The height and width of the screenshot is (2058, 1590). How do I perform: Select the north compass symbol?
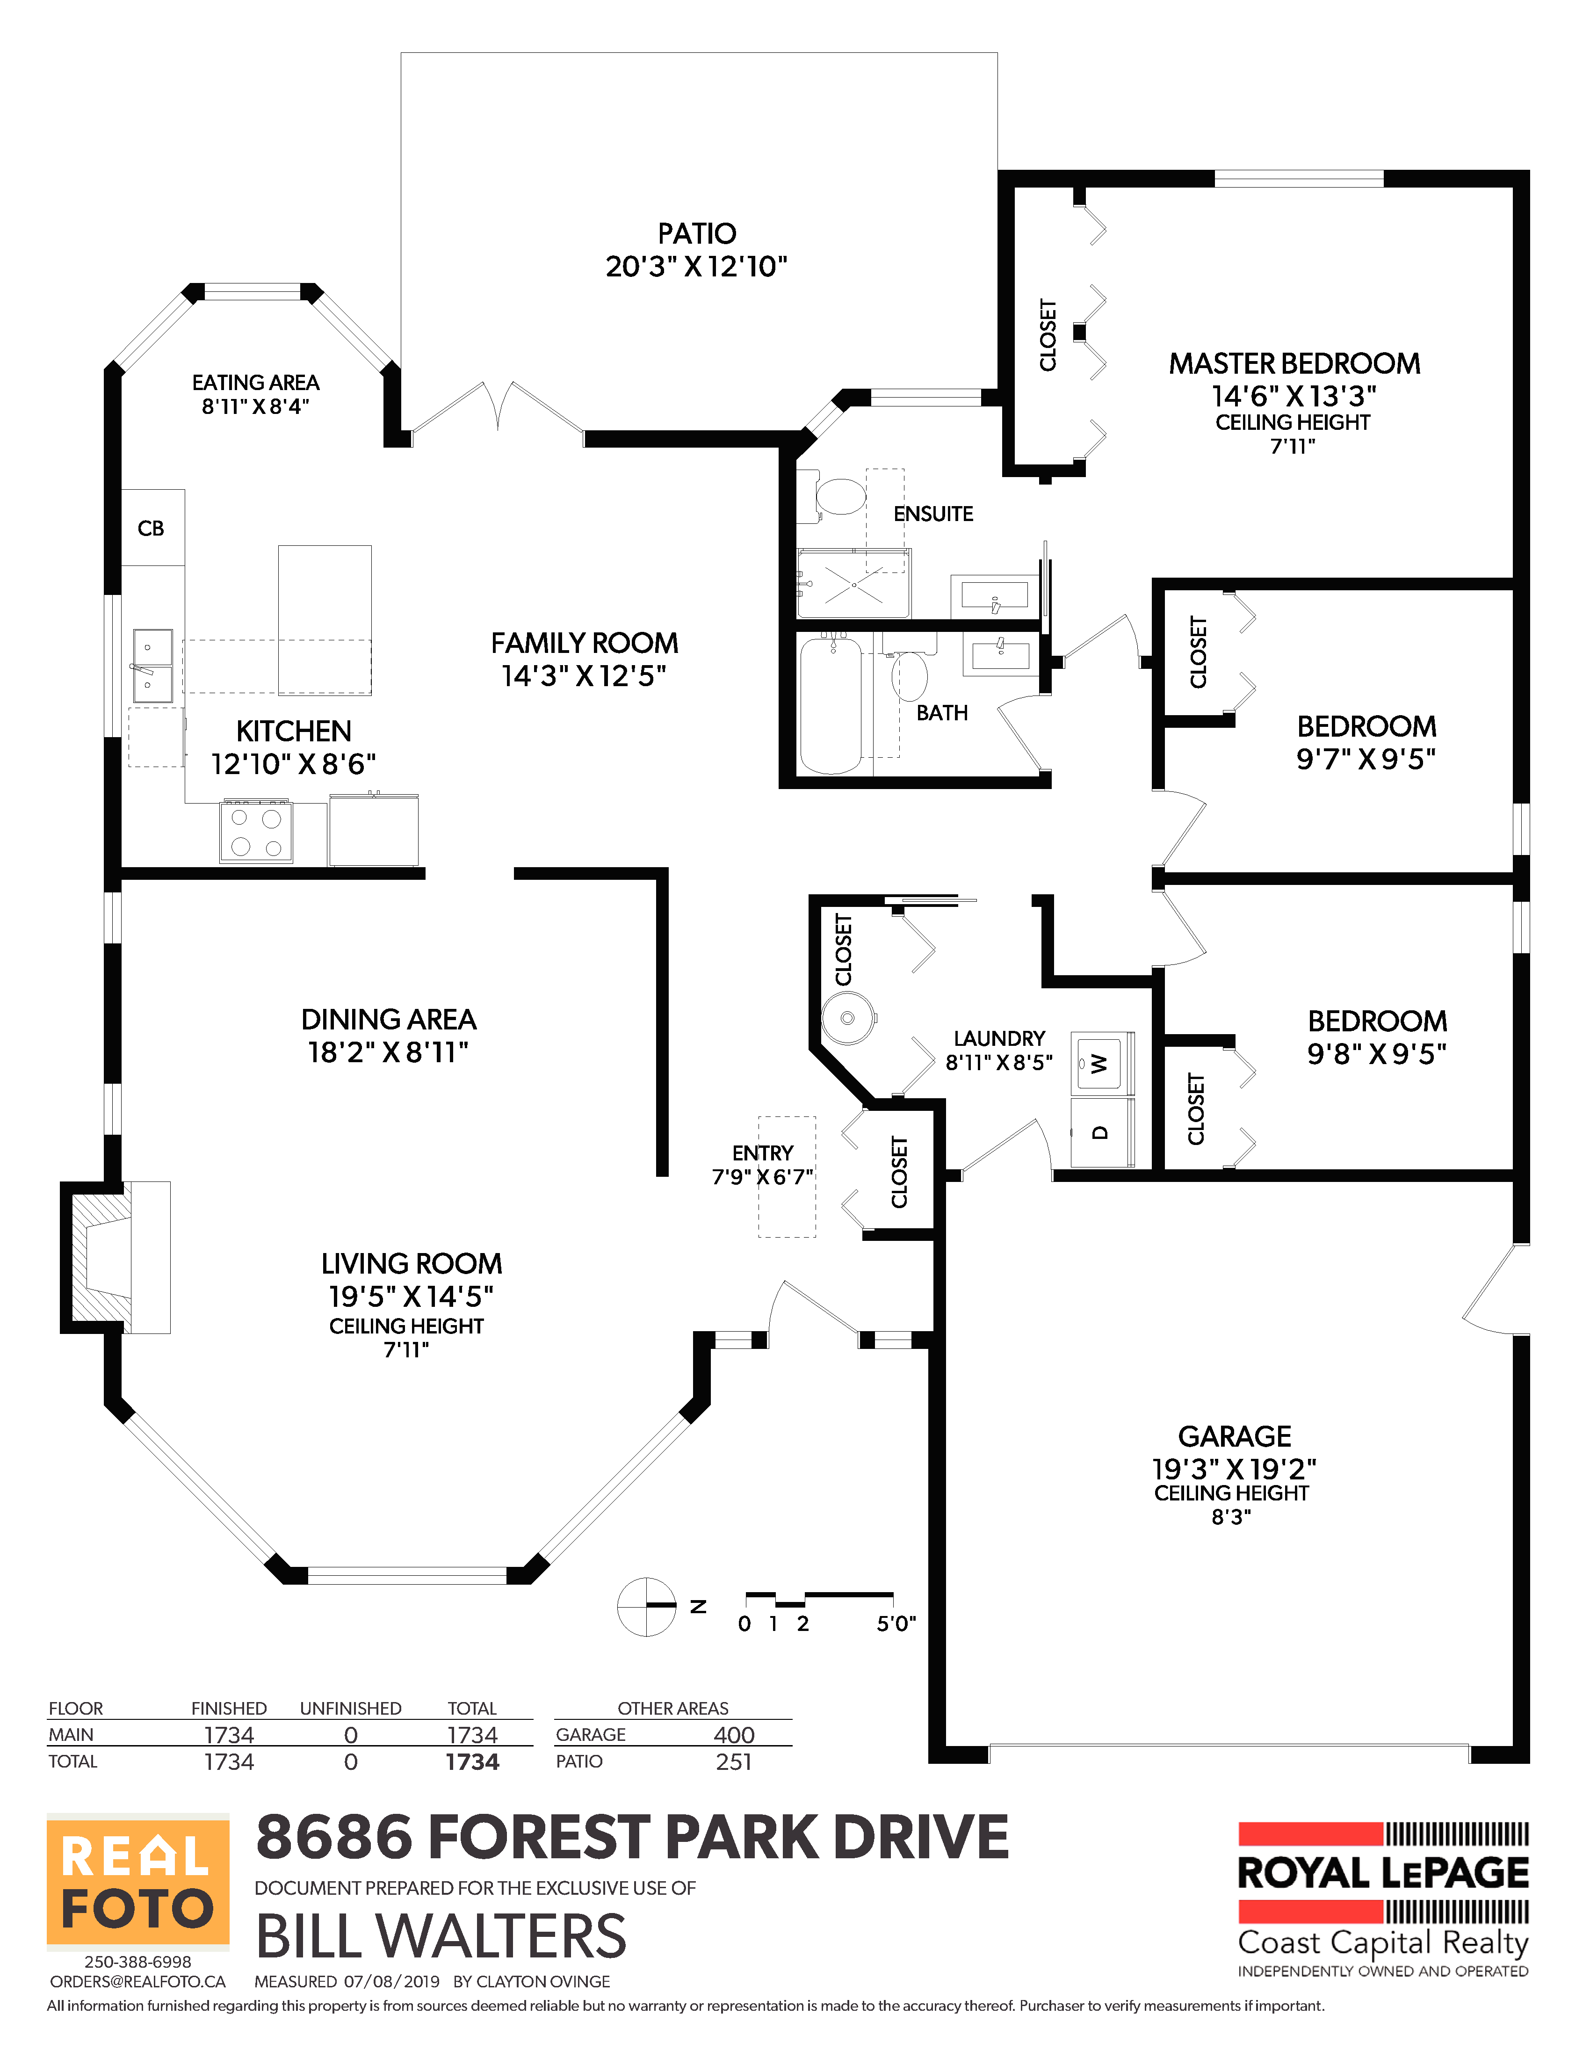pos(647,1606)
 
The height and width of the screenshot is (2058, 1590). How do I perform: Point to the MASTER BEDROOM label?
pos(1294,364)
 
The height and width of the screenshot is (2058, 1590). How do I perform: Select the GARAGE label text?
pos(1234,1436)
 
